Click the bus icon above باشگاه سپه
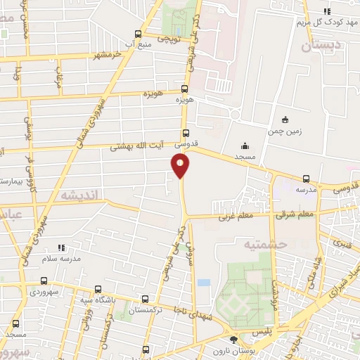coord(98,289)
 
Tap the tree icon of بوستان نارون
coord(233,341)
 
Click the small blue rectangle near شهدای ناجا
coord(203,282)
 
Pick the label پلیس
coord(281,328)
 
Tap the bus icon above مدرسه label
coord(306,179)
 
